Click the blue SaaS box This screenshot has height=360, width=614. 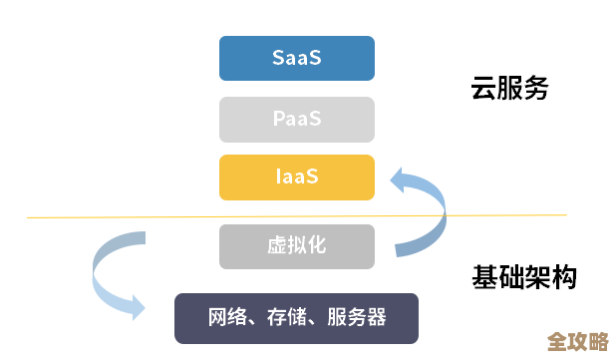click(297, 58)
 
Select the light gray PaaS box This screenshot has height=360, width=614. click(297, 119)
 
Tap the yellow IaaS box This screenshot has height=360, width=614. click(297, 178)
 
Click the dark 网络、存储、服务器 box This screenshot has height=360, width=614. click(297, 318)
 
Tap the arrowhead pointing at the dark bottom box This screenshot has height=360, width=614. click(139, 306)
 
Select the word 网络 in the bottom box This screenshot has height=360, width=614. click(227, 318)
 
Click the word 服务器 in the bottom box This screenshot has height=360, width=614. click(356, 318)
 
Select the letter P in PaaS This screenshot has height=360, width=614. click(279, 119)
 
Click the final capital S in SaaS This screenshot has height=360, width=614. click(315, 58)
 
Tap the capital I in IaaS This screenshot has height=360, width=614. click(278, 178)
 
